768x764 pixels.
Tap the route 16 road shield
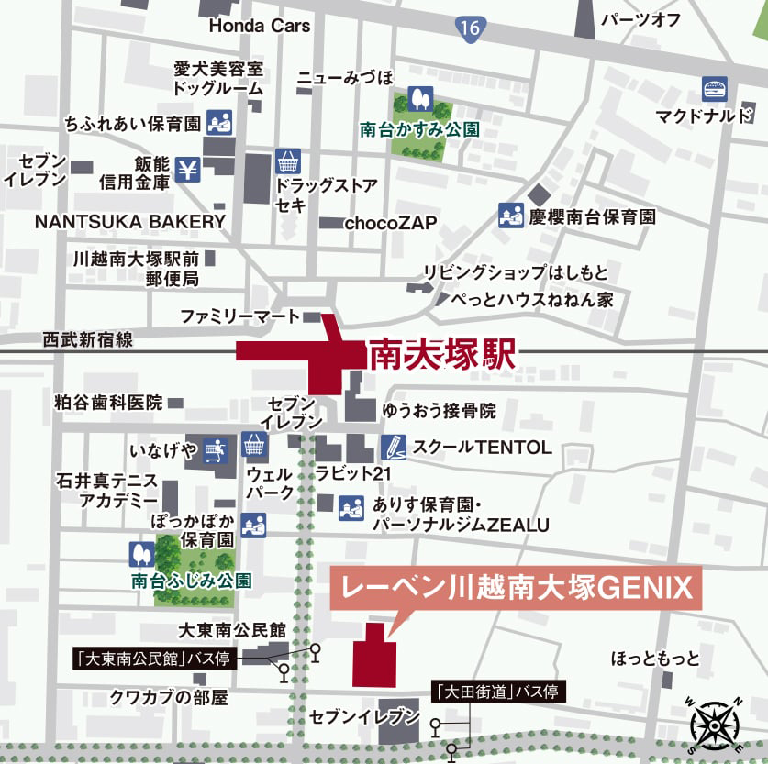coord(471,28)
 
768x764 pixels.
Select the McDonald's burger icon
coord(716,89)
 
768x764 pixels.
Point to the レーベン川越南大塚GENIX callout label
coord(516,587)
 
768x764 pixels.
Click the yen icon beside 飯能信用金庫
coord(187,170)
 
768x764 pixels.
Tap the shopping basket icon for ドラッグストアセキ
coord(288,162)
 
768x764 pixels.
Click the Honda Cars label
coord(259,26)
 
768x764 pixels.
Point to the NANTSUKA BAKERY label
coord(129,221)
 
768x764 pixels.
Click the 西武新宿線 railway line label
coord(88,340)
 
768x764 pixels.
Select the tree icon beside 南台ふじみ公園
coord(141,554)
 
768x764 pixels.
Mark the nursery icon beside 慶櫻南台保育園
coord(510,216)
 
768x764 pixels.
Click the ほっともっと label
coord(655,659)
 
